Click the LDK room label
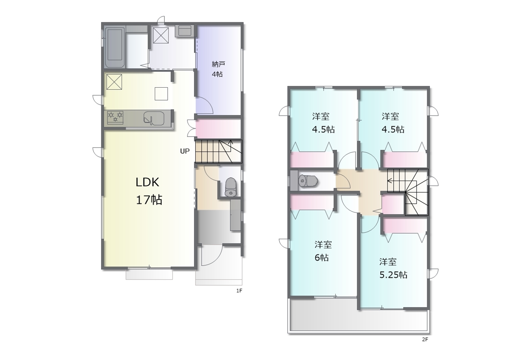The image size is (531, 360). click(x=147, y=182)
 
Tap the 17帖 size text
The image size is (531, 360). click(x=149, y=200)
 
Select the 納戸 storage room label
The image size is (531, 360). click(x=218, y=64)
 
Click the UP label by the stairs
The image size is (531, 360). click(x=185, y=151)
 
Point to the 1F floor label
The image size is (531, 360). click(x=239, y=291)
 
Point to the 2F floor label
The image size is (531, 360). click(x=425, y=339)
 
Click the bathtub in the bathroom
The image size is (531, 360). click(x=115, y=47)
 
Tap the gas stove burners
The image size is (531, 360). click(x=115, y=117)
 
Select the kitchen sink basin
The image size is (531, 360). click(x=154, y=118)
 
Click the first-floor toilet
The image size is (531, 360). click(x=230, y=187)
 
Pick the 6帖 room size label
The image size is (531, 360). click(x=322, y=257)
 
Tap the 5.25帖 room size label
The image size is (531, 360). click(x=393, y=274)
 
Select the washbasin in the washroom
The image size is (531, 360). click(x=185, y=31)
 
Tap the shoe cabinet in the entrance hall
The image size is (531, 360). click(x=235, y=215)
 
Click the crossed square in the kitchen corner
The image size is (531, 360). click(x=114, y=82)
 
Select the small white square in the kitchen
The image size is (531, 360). click(x=161, y=94)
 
